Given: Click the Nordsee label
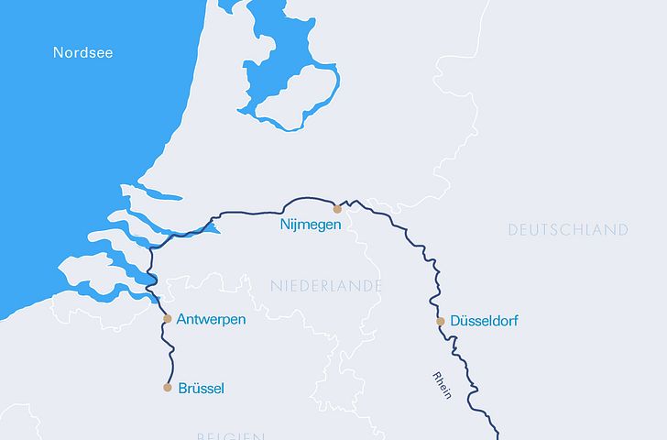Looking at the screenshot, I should click(82, 52).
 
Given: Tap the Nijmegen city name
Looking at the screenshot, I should click(311, 224).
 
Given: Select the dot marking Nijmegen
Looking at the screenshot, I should click(337, 209).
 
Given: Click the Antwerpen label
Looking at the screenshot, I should click(211, 319).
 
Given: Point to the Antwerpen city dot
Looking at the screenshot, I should click(167, 319).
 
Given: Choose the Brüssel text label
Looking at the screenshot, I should click(202, 389).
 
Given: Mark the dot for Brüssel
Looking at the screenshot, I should click(167, 387).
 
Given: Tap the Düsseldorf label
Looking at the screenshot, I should click(484, 322).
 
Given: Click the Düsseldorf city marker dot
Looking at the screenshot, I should click(440, 321).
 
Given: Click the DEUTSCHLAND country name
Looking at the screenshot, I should click(568, 230).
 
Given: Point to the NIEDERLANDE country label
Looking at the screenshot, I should click(326, 287).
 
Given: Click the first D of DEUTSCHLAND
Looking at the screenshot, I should click(513, 230).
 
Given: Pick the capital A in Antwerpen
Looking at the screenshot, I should click(181, 319).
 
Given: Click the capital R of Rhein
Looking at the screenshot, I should click(436, 375).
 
